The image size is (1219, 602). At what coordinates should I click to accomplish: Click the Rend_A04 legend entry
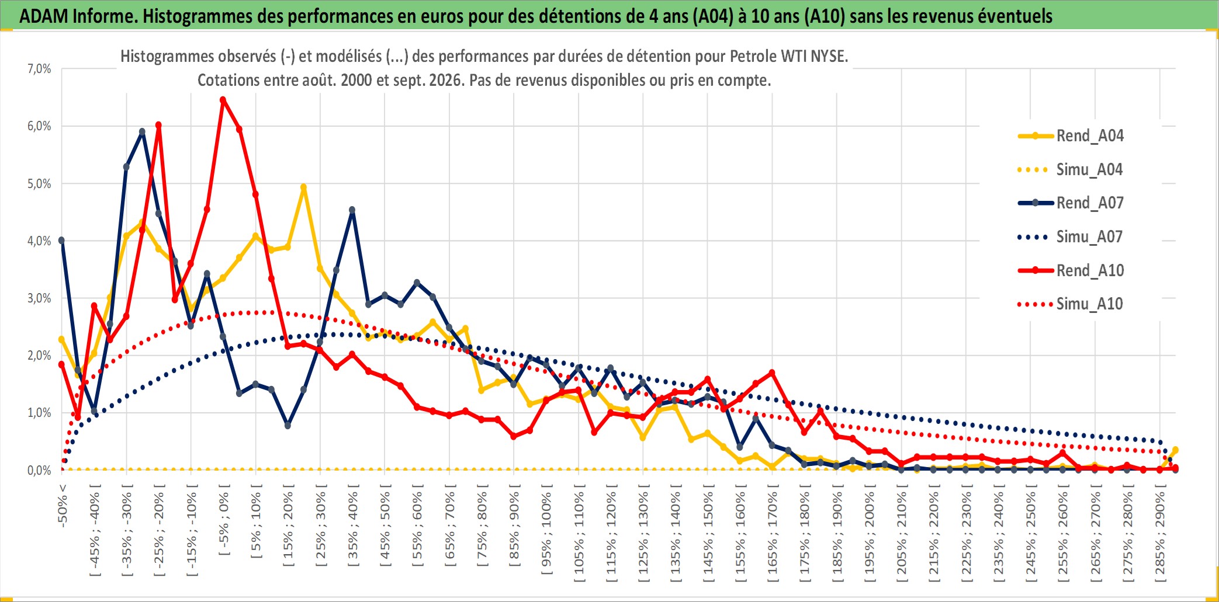point(1071,136)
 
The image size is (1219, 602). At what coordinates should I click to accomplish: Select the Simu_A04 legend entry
point(1071,170)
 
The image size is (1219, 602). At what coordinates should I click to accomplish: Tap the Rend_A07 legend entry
point(1071,203)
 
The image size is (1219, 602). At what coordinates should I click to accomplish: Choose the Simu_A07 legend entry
point(1071,237)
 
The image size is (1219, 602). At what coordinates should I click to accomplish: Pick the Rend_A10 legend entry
point(1071,271)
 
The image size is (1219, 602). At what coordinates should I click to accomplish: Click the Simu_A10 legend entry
point(1071,304)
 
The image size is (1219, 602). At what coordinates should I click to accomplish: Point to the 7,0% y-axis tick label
point(39,69)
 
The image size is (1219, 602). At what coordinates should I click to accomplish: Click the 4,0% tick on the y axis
point(39,241)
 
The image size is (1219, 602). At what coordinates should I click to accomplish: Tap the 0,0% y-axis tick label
point(39,470)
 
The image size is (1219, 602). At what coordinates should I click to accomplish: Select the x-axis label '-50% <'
point(63,506)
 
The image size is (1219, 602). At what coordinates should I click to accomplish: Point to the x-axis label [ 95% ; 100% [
point(546,533)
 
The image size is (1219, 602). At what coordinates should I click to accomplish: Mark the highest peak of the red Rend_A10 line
point(223,100)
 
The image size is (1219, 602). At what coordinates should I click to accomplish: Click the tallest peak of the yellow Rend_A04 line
point(303,187)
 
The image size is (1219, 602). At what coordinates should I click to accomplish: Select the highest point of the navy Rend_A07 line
point(142,132)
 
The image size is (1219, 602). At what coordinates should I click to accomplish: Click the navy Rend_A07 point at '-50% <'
point(62,240)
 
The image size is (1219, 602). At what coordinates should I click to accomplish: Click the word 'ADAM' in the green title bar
point(44,16)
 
